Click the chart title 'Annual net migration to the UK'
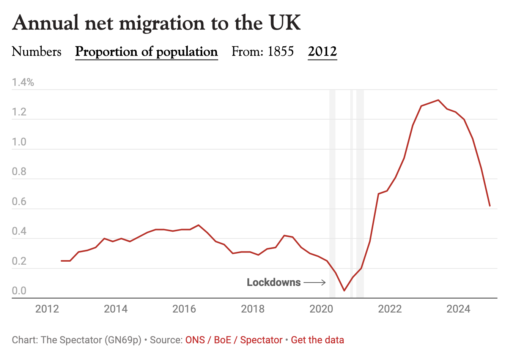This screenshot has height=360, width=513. (156, 23)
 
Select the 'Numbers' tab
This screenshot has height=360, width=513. (36, 52)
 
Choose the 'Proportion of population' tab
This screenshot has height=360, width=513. (146, 52)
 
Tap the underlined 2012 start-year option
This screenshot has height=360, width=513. (322, 52)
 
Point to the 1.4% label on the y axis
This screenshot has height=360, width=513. (23, 82)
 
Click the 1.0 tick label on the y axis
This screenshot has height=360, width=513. (19, 142)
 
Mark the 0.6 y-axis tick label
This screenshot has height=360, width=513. (19, 202)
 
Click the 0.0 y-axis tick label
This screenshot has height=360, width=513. (19, 291)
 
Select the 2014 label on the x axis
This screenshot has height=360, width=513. (116, 309)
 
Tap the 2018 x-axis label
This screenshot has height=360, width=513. (253, 309)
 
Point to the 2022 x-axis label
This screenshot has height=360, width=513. (390, 309)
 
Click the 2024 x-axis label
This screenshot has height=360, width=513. (458, 309)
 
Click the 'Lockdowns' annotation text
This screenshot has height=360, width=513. (274, 283)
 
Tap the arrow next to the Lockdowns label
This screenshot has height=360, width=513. (315, 283)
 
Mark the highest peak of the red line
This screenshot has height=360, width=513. (438, 100)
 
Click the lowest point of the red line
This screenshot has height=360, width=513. (344, 291)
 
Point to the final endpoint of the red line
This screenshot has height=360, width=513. (490, 206)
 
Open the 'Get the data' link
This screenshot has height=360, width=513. (317, 340)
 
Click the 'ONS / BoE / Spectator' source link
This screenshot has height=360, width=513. (234, 340)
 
